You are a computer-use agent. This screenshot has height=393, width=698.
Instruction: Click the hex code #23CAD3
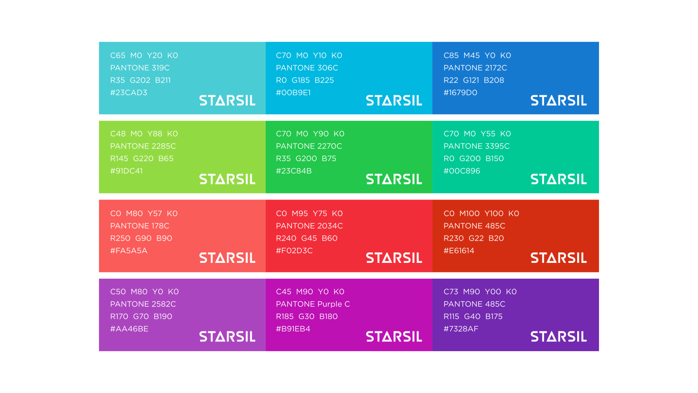pyautogui.click(x=129, y=93)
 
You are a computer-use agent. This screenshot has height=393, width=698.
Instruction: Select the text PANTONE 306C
pyautogui.click(x=307, y=68)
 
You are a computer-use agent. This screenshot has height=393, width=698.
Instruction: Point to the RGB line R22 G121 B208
pyautogui.click(x=474, y=80)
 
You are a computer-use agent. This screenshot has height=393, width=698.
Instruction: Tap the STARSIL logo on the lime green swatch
pyautogui.click(x=227, y=179)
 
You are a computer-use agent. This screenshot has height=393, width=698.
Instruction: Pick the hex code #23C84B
pyautogui.click(x=294, y=171)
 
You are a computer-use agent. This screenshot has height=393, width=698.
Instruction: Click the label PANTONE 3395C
pyautogui.click(x=476, y=146)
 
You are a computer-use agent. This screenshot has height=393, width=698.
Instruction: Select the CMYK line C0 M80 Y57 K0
pyautogui.click(x=144, y=214)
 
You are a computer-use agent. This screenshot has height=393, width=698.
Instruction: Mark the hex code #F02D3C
pyautogui.click(x=294, y=251)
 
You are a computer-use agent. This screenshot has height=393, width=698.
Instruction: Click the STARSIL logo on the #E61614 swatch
pyautogui.click(x=559, y=258)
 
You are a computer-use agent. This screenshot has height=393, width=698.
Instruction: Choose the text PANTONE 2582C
pyautogui.click(x=143, y=304)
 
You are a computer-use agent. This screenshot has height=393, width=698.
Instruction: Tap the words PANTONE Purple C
pyautogui.click(x=313, y=304)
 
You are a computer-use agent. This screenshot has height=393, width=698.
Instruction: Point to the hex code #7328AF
pyautogui.click(x=461, y=329)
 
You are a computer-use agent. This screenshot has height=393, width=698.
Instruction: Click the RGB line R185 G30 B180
pyautogui.click(x=307, y=316)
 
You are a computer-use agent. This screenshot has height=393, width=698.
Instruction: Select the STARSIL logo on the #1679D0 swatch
pyautogui.click(x=559, y=100)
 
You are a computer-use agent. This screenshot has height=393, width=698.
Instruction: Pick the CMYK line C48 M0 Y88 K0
pyautogui.click(x=144, y=134)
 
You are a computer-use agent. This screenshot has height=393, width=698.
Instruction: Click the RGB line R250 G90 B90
pyautogui.click(x=141, y=238)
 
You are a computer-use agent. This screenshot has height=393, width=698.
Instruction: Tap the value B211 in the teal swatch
pyautogui.click(x=163, y=80)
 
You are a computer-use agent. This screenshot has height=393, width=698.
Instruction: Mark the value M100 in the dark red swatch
pyautogui.click(x=469, y=214)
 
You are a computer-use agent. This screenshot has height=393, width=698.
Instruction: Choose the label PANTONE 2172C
pyautogui.click(x=475, y=68)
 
